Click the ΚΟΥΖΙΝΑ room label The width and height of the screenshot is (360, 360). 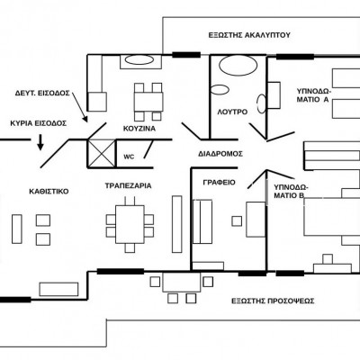coord(139,129)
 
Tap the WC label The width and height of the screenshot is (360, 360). coord(129,157)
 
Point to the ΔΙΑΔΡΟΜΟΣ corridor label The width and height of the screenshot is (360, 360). coord(220,154)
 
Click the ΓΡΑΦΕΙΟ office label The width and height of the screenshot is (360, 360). coord(219,183)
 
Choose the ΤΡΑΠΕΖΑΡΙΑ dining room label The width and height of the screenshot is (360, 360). coord(128,185)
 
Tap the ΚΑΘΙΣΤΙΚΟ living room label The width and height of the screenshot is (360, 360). coord(49,192)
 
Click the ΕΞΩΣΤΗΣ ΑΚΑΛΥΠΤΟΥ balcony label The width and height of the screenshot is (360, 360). coord(249,35)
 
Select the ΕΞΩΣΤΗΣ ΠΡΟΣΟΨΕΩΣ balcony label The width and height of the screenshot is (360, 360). coord(273,301)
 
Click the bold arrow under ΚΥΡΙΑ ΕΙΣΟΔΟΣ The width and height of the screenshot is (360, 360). coord(40,142)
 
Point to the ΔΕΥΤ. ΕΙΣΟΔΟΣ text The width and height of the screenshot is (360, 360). coord(42,93)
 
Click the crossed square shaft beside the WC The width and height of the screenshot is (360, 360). coord(102,153)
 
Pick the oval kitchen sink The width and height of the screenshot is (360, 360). coord(139,59)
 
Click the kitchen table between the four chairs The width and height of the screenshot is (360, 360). coord(148,102)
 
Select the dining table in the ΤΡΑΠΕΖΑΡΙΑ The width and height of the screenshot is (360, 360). coord(130,224)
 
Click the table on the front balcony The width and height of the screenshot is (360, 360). coord(182,283)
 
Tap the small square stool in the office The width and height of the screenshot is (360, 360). coord(237,221)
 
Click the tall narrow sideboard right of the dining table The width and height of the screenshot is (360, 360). coord(177,224)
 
